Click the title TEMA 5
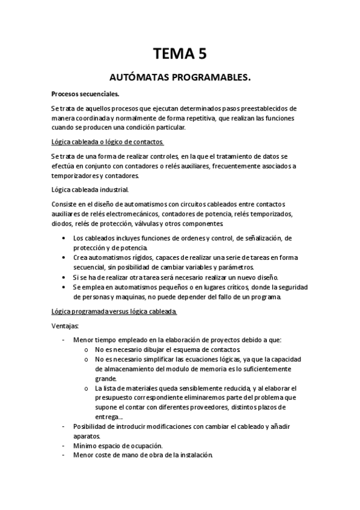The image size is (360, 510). point(180,55)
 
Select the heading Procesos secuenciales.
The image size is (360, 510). point(85,94)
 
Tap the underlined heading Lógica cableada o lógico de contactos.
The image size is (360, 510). point(108,142)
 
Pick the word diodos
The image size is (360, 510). point(63,224)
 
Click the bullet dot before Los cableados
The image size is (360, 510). point(65,239)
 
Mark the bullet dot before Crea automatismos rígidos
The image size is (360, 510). point(65,258)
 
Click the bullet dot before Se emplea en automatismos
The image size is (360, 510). point(65,287)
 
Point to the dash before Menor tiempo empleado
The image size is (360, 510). point(65,340)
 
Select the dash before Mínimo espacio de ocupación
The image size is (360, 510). point(65,446)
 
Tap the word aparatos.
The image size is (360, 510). point(87,436)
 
